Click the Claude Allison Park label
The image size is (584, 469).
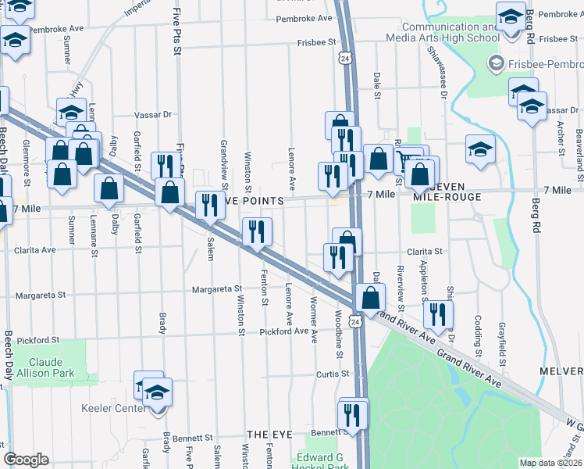pyautogui.click(x=52, y=367)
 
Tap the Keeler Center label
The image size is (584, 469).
pyautogui.click(x=113, y=408)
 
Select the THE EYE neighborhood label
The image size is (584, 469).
pyautogui.click(x=269, y=434)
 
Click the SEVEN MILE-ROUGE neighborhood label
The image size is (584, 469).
pyautogui.click(x=449, y=192)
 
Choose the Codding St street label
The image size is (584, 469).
pyautogui.click(x=478, y=332)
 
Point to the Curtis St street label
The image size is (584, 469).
pyautogui.click(x=332, y=374)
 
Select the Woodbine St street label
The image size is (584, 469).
pyautogui.click(x=339, y=335)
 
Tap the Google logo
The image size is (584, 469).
pyautogui.click(x=26, y=459)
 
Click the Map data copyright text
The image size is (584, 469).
pyautogui.click(x=550, y=463)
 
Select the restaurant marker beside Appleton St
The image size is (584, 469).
pyautogui.click(x=437, y=313)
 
